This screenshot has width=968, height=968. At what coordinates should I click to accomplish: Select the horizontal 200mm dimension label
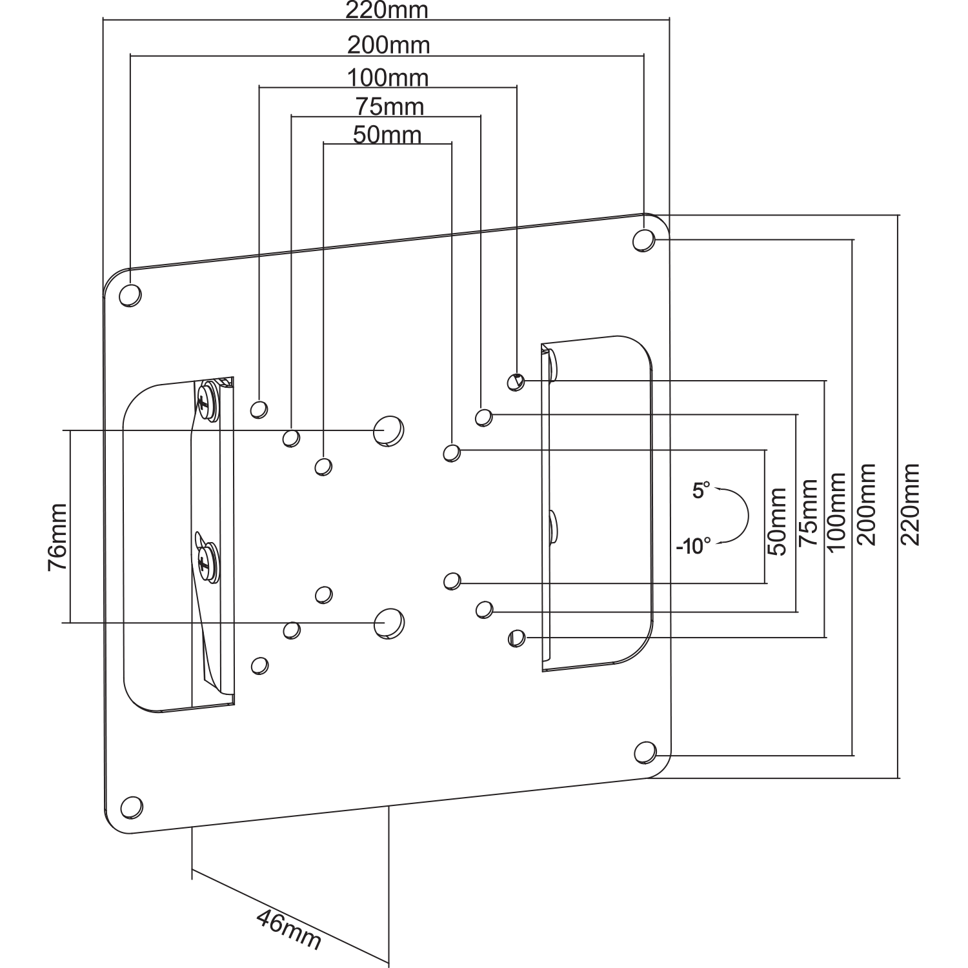(x=388, y=45)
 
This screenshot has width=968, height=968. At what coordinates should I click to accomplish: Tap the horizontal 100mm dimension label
(x=388, y=77)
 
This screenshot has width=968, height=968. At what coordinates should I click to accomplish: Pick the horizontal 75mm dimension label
(x=390, y=106)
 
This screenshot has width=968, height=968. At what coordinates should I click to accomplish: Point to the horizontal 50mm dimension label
(x=387, y=135)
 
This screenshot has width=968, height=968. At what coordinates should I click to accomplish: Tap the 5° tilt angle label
(x=701, y=490)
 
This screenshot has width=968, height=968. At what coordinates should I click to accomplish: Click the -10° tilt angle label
(x=693, y=547)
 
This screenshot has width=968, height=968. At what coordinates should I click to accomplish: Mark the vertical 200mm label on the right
(x=867, y=503)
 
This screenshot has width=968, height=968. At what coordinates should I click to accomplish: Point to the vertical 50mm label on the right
(x=777, y=522)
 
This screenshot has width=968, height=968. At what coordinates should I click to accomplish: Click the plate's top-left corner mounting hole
(x=130, y=295)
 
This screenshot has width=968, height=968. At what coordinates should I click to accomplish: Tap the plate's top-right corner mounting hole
(x=643, y=240)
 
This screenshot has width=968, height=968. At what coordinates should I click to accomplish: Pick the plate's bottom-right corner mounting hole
(x=644, y=752)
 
